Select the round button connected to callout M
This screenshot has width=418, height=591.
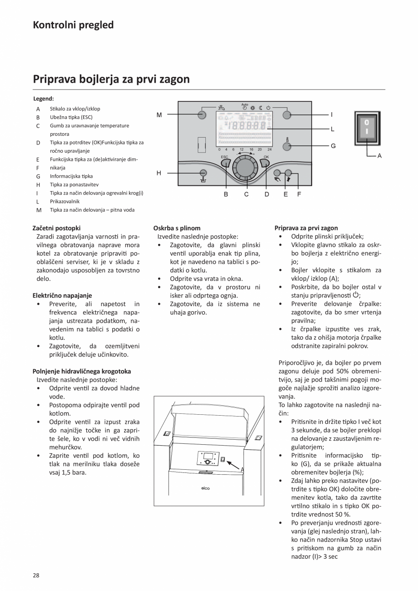click(x=203, y=115)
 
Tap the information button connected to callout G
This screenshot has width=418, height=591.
click(x=287, y=146)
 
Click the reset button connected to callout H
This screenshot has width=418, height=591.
click(x=203, y=173)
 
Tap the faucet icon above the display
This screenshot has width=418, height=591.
click(x=221, y=108)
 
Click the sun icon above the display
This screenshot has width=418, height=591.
click(x=253, y=108)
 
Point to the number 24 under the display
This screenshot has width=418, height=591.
click(x=269, y=149)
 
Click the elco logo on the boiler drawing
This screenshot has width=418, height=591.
click(x=205, y=488)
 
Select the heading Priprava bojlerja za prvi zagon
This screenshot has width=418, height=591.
click(x=111, y=79)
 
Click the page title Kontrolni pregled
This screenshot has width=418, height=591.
click(x=73, y=25)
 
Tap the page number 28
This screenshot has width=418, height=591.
click(x=36, y=575)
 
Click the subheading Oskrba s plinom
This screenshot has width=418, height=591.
click(x=177, y=228)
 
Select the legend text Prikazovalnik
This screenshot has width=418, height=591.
click(x=65, y=201)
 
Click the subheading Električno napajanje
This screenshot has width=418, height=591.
click(x=62, y=295)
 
